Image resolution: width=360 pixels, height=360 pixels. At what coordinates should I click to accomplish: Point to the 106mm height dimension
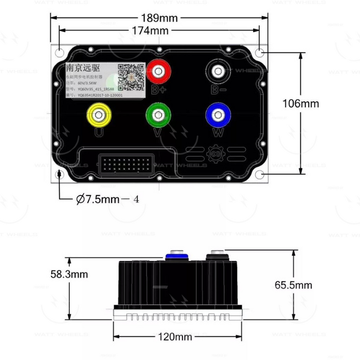(x=300, y=103)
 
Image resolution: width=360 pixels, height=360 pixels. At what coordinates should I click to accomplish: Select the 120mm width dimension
(x=175, y=337)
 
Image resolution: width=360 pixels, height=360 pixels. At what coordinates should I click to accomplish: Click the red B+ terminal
(x=158, y=71)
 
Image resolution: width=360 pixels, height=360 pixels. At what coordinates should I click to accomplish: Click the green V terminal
(x=157, y=115)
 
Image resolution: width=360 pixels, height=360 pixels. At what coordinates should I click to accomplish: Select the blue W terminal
(x=217, y=115)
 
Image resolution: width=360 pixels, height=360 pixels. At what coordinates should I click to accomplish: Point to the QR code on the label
(x=131, y=75)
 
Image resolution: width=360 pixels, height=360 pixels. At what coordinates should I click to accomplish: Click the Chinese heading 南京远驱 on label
(x=83, y=68)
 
